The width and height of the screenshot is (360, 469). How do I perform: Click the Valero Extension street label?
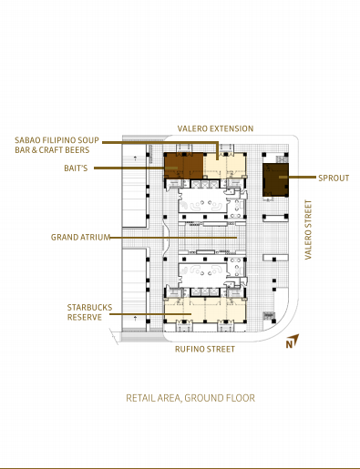pos(215,128)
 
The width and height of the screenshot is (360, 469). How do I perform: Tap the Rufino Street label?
pos(205,349)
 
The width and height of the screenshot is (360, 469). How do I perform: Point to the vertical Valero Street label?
pos(308,229)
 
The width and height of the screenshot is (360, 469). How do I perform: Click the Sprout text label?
pos(334,178)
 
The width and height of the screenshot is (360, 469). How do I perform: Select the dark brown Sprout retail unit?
pos(275,180)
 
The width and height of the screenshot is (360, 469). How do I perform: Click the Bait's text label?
pos(76,168)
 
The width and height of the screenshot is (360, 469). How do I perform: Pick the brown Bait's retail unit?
pos(184,166)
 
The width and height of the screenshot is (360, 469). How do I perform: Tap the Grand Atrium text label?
pos(80,237)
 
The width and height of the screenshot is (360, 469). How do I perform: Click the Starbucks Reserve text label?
pos(89,312)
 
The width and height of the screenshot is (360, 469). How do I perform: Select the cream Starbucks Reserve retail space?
pos(205,311)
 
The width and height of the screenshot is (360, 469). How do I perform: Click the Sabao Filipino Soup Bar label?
pos(57,145)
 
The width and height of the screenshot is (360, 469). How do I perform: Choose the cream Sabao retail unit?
pos(224,166)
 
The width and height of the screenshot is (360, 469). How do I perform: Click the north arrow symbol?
pos(293,341)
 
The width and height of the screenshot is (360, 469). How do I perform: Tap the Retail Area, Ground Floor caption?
pos(190,398)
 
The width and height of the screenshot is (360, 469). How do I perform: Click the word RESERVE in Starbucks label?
pos(85,317)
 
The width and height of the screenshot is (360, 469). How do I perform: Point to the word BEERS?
pos(78,150)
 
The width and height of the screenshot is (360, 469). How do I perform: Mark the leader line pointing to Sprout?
pos(298,177)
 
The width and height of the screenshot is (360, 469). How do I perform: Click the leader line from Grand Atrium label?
pos(173,238)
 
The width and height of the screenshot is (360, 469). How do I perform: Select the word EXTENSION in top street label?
pos(233,128)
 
